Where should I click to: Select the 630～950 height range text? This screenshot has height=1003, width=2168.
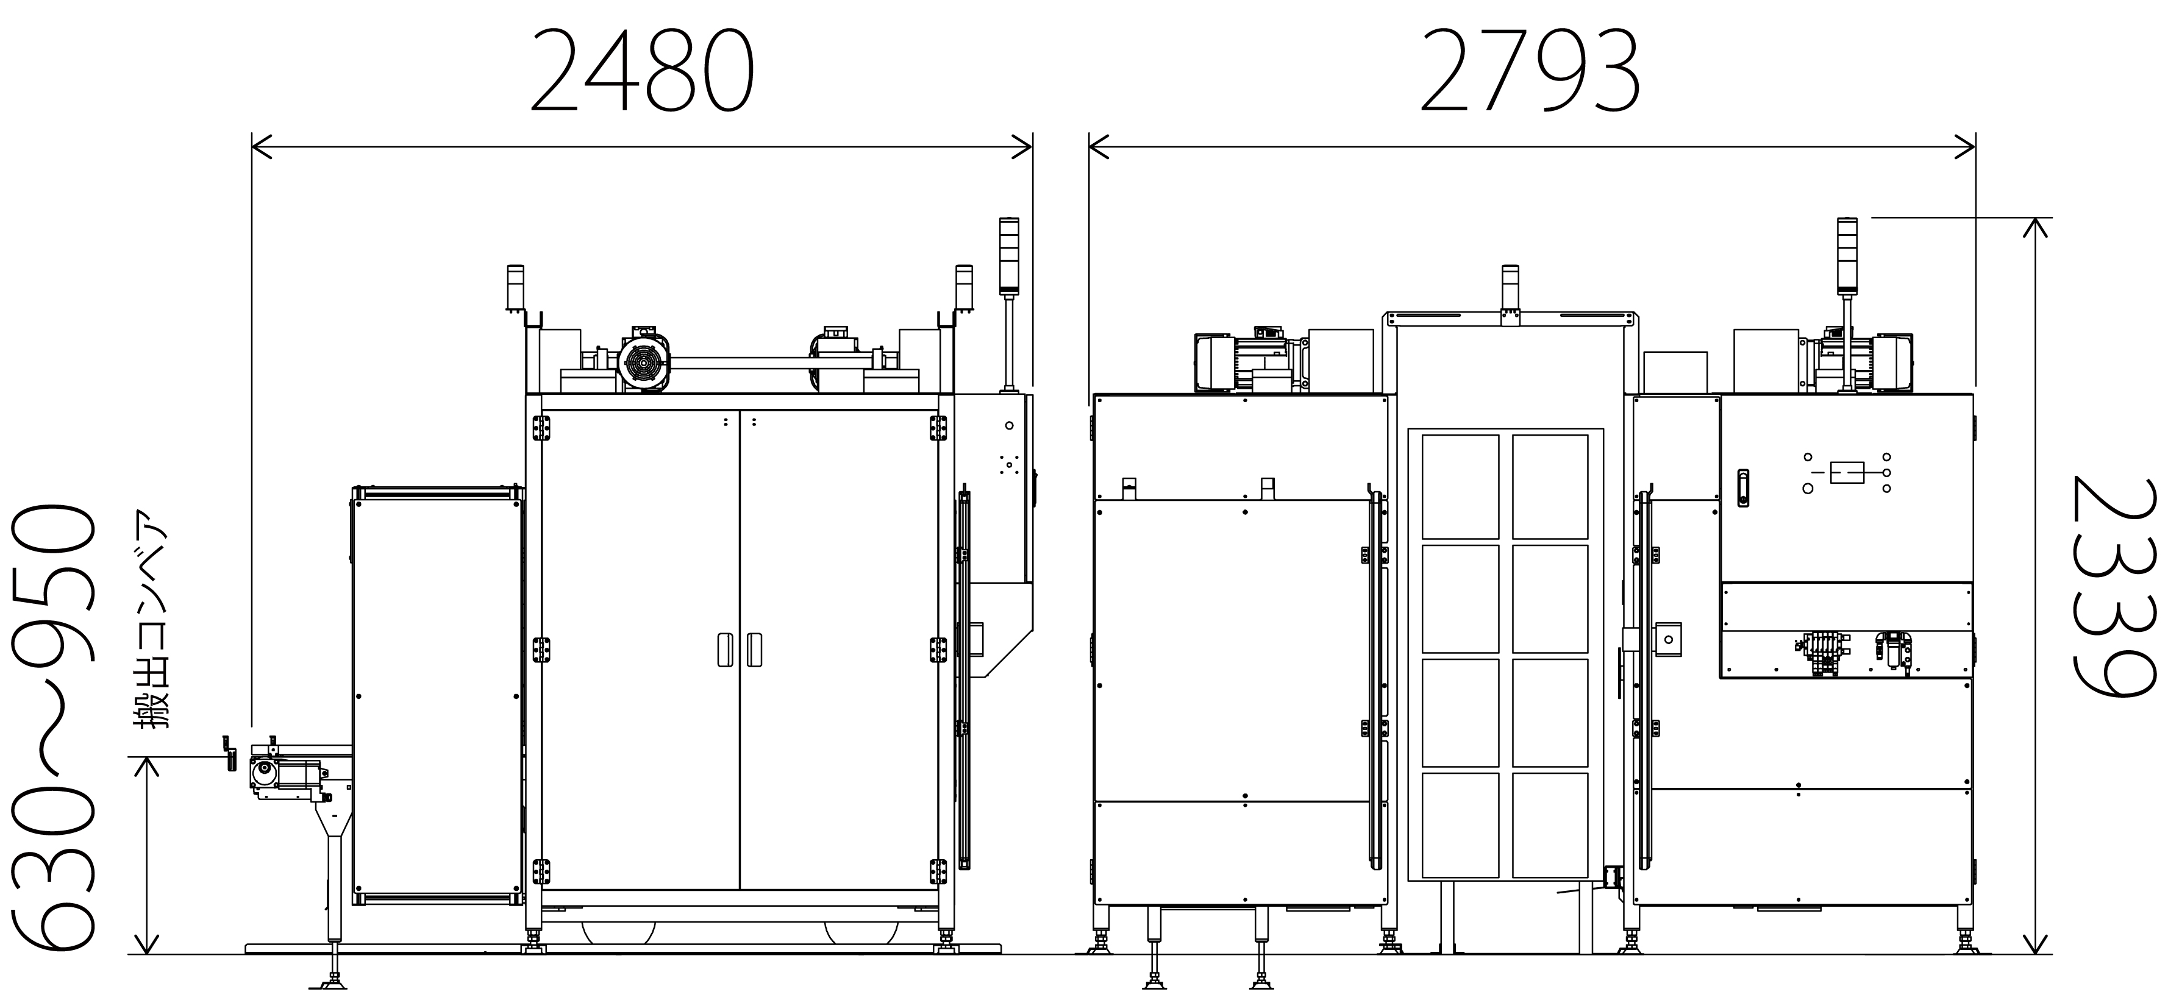click(x=52, y=726)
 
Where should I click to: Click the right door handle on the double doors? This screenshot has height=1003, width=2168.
click(x=755, y=649)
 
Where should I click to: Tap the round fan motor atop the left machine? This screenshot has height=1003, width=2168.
click(x=644, y=362)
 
